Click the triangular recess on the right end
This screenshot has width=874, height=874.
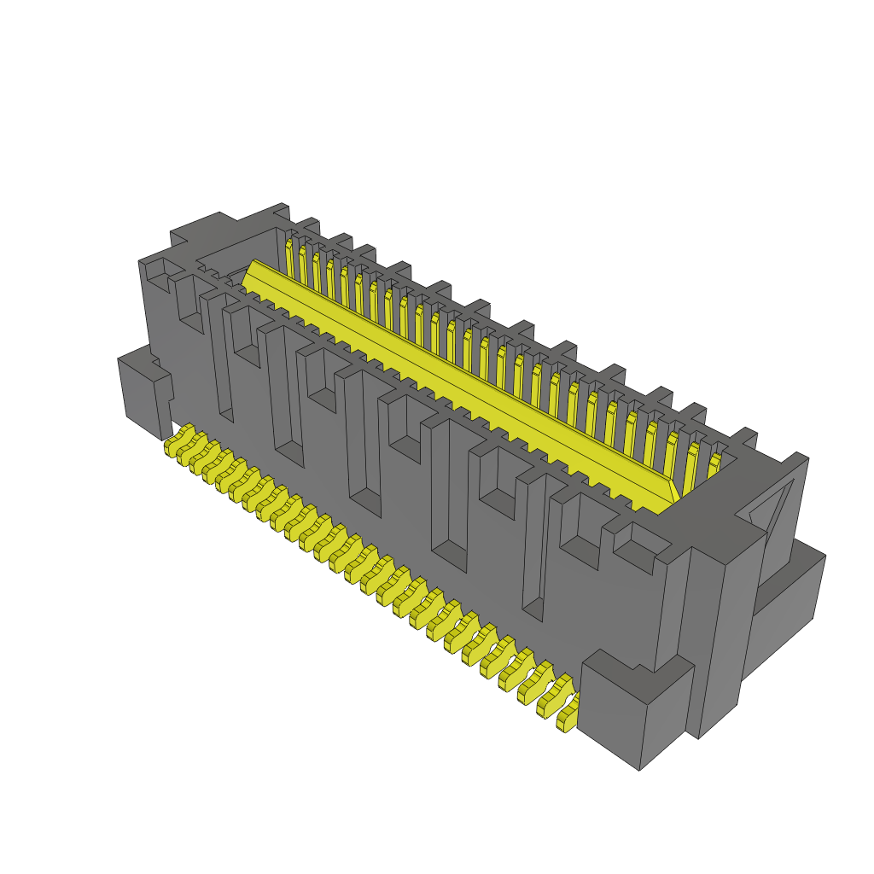pos(772,504)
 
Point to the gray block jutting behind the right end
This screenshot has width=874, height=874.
pos(790,597)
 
